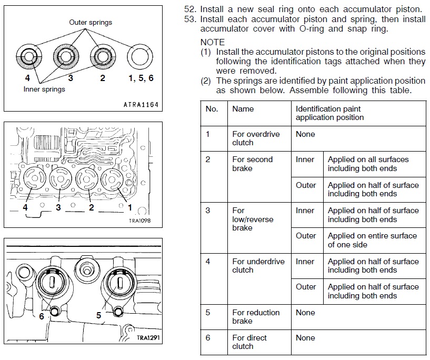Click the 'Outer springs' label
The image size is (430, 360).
click(x=91, y=23)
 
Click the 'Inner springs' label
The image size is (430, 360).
click(x=44, y=89)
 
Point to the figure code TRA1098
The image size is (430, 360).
click(x=139, y=221)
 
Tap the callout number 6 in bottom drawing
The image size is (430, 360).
click(x=42, y=316)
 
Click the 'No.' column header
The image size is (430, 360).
click(x=212, y=109)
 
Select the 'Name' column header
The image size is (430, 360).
click(x=243, y=109)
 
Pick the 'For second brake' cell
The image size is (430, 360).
click(x=253, y=164)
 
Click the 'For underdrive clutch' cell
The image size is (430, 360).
click(x=258, y=266)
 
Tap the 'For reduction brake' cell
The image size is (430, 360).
click(x=256, y=316)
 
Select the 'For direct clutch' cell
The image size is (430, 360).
click(x=249, y=342)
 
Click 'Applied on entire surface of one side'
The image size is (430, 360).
click(x=372, y=240)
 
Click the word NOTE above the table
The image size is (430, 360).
click(x=213, y=42)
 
